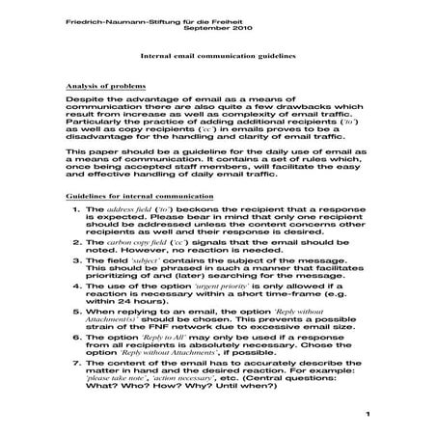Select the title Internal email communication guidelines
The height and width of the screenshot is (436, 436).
220,58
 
